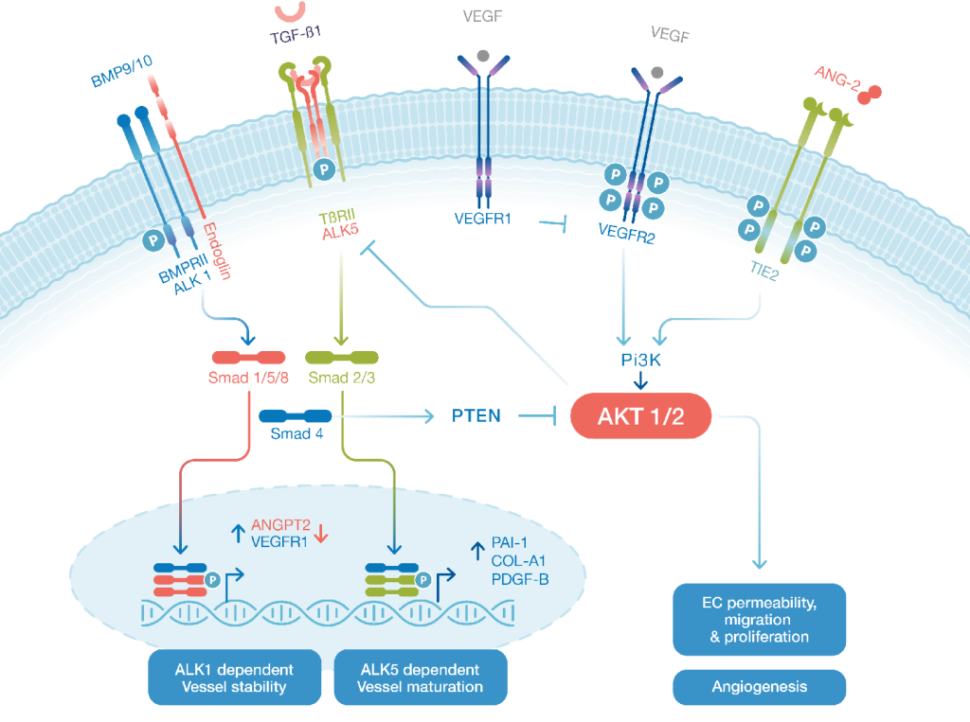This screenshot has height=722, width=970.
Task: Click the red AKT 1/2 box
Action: point(639,415)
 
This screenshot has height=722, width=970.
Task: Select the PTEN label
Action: point(475,415)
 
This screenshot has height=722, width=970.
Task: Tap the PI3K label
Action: point(639,361)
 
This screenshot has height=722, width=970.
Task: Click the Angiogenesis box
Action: point(759,686)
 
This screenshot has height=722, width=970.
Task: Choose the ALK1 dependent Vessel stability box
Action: point(234,677)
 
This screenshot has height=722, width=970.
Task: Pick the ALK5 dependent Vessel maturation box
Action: point(420,677)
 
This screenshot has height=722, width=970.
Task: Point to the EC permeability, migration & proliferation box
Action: point(759,620)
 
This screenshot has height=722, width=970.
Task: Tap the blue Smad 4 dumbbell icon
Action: point(295,415)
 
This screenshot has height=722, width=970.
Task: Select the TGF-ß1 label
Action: point(296,35)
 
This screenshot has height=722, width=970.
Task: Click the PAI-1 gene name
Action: point(512,542)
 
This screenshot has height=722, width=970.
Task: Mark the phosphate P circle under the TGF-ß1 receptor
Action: point(326,169)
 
